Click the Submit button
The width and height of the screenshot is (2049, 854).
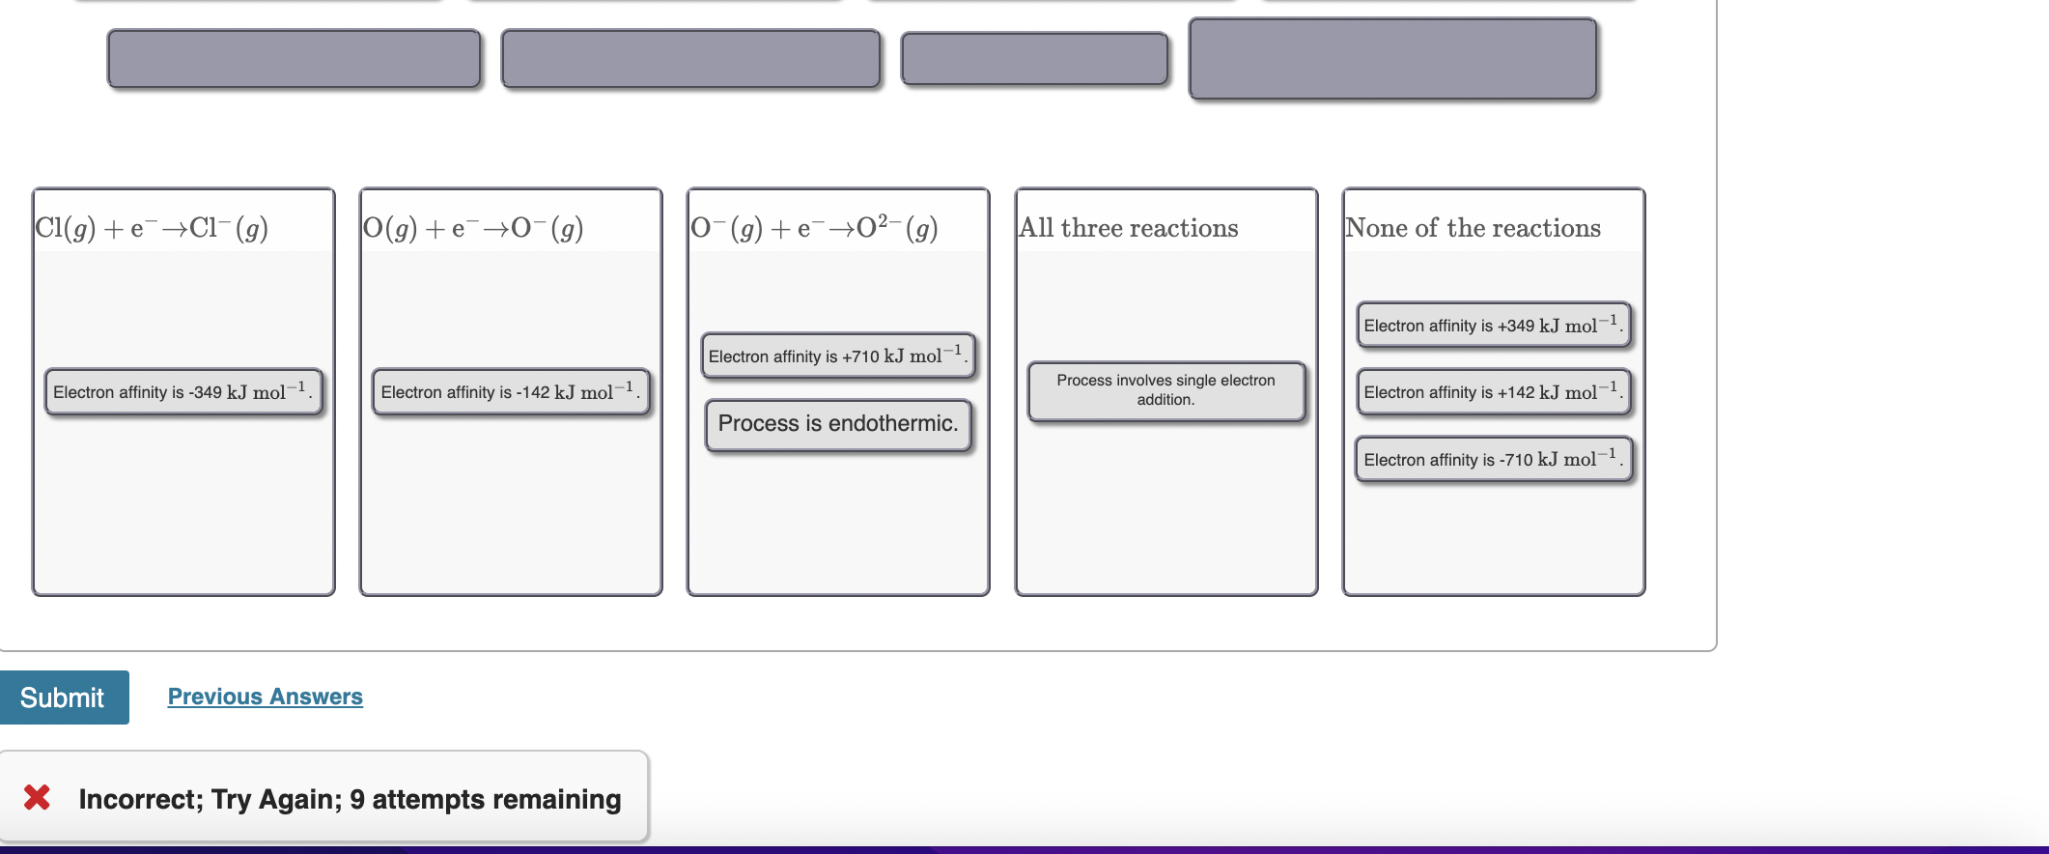[x=64, y=697]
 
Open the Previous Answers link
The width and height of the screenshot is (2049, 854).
[x=265, y=697]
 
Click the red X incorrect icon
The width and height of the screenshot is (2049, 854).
[x=37, y=797]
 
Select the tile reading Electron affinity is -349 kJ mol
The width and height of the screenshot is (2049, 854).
[x=182, y=392]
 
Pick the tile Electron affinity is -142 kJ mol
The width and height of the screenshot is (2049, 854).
[x=510, y=392]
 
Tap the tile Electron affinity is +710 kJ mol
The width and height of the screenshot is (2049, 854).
[x=837, y=356]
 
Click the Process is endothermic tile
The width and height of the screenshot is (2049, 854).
[x=837, y=424]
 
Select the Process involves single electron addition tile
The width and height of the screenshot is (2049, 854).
[x=1165, y=390]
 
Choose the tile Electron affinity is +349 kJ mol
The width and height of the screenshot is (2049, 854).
[x=1493, y=326]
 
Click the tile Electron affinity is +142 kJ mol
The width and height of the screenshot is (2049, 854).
[x=1493, y=392]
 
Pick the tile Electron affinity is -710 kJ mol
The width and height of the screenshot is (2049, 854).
[x=1493, y=460]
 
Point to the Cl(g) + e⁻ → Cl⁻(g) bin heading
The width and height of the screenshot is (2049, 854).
[x=152, y=228]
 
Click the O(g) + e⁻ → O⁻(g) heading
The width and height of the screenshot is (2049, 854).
[x=473, y=228]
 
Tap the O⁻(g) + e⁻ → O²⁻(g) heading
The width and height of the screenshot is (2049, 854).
[x=814, y=228]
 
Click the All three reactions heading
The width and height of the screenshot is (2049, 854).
[x=1129, y=228]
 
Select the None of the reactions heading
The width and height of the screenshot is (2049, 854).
[x=1473, y=228]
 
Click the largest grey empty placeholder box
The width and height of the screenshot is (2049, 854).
[x=1392, y=59]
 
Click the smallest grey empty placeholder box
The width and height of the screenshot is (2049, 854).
[x=1034, y=59]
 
